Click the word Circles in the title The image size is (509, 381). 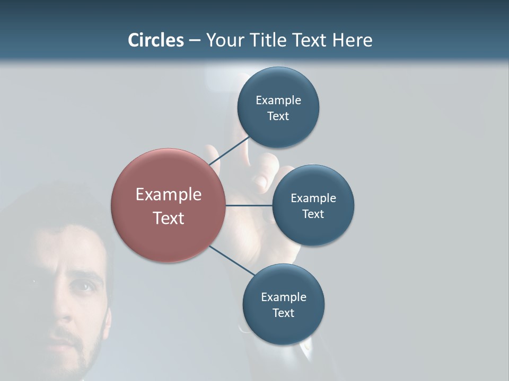click(156, 40)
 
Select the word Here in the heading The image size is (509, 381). click(352, 40)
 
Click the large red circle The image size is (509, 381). click(168, 205)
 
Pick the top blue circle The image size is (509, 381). click(278, 107)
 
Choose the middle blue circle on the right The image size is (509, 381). click(313, 205)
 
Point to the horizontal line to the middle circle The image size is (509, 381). click(249, 205)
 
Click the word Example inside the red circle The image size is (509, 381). click(168, 194)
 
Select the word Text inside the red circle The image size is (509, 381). click(168, 218)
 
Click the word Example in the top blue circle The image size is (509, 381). click(278, 100)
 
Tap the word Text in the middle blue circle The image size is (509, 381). click(313, 214)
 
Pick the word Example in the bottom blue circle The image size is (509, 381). click(283, 297)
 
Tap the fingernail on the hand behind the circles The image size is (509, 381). click(260, 182)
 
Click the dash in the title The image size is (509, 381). click(195, 41)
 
